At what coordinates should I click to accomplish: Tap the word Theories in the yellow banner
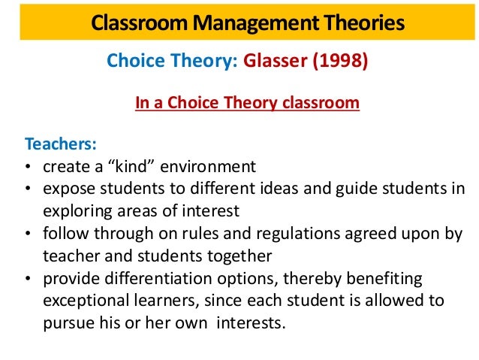pos(355,23)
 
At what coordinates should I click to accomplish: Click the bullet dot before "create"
pos(28,166)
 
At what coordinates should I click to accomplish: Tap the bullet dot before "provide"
pos(28,279)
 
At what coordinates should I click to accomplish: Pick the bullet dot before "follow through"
pos(28,234)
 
